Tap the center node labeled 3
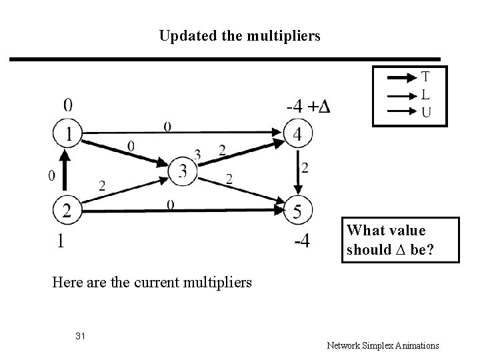click(x=181, y=171)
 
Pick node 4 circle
click(x=297, y=134)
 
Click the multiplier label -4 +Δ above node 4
click(x=308, y=106)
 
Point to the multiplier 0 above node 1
click(x=68, y=105)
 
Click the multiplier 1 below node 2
click(x=61, y=241)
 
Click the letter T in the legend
click(x=425, y=77)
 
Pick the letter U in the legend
click(x=425, y=111)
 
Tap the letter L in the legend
click(x=425, y=94)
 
